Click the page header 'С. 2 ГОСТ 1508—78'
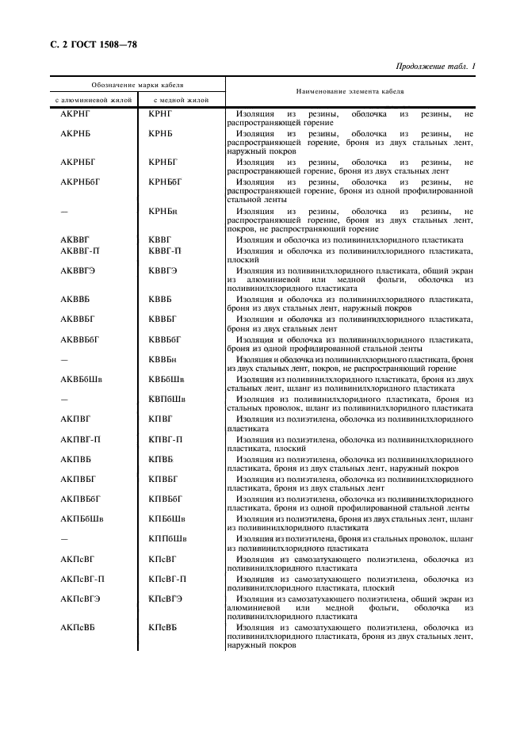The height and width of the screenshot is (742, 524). click(x=88, y=44)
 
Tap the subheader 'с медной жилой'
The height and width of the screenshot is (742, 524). click(x=181, y=101)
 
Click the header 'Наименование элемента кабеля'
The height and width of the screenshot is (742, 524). click(x=350, y=92)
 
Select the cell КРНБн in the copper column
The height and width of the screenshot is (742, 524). click(x=163, y=212)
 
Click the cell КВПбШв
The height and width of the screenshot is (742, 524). click(x=167, y=398)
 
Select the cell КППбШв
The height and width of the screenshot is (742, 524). click(x=167, y=538)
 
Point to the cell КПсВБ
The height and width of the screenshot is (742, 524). click(x=163, y=628)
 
